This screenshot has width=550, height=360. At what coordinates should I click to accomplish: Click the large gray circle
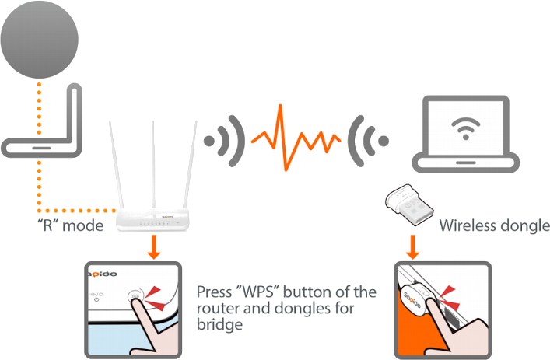pos(39,39)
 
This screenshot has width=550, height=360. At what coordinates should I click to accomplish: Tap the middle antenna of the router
pos(153,165)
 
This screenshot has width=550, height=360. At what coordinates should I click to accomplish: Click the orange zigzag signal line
pos(296,138)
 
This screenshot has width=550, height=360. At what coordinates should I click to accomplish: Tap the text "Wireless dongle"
pos(494,225)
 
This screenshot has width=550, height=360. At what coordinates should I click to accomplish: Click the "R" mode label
pos(70,225)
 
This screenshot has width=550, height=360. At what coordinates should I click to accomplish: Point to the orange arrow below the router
pos(153,247)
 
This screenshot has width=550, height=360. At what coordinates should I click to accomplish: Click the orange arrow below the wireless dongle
pos(412,247)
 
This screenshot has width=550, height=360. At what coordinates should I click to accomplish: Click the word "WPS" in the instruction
pos(257,292)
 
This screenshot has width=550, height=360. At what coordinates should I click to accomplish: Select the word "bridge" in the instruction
pos(219,324)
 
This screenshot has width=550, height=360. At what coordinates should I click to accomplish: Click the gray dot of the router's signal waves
pos(209,141)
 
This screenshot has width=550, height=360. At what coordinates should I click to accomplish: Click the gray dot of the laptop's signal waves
pos(384,141)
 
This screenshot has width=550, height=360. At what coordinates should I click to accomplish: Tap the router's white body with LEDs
pos(152,219)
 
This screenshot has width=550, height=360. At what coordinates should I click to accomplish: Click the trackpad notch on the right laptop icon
pos(465,163)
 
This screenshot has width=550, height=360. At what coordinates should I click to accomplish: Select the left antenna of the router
pos(117,165)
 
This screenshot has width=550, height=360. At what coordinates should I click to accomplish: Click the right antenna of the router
pos(190,165)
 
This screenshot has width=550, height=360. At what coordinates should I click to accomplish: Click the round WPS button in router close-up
pos(135,295)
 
